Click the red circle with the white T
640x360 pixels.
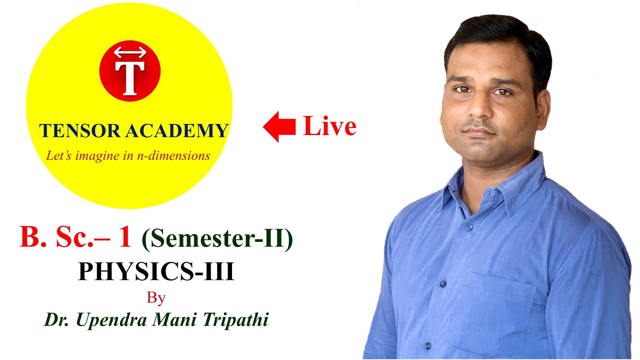coord(130,71)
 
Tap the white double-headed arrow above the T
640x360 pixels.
coord(130,52)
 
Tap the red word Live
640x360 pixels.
coord(329,126)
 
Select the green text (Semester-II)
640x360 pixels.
coord(217,239)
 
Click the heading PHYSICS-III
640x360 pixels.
coord(156,272)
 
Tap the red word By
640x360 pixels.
coord(156,298)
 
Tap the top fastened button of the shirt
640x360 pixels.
coord(469,227)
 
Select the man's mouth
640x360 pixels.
coord(478,132)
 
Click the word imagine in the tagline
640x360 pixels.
coord(94,156)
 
